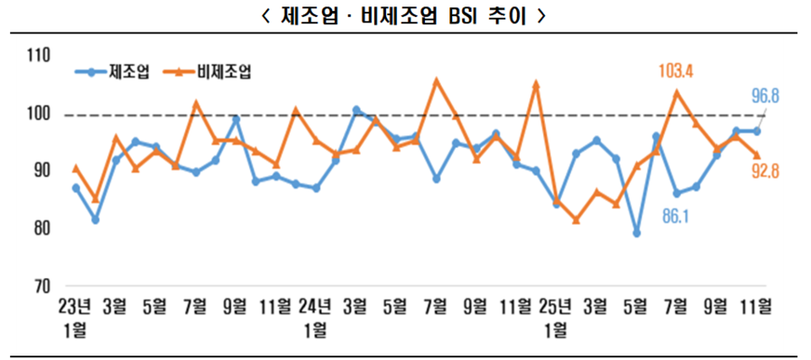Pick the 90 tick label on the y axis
point(40,171)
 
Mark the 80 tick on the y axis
point(40,229)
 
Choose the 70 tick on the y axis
point(40,287)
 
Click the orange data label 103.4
point(680,69)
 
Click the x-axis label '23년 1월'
point(75,315)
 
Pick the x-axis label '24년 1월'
point(316,315)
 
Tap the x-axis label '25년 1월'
point(556,315)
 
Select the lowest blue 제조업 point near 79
point(637,233)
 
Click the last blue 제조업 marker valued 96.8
point(757,131)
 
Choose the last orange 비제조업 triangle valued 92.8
point(757,154)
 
